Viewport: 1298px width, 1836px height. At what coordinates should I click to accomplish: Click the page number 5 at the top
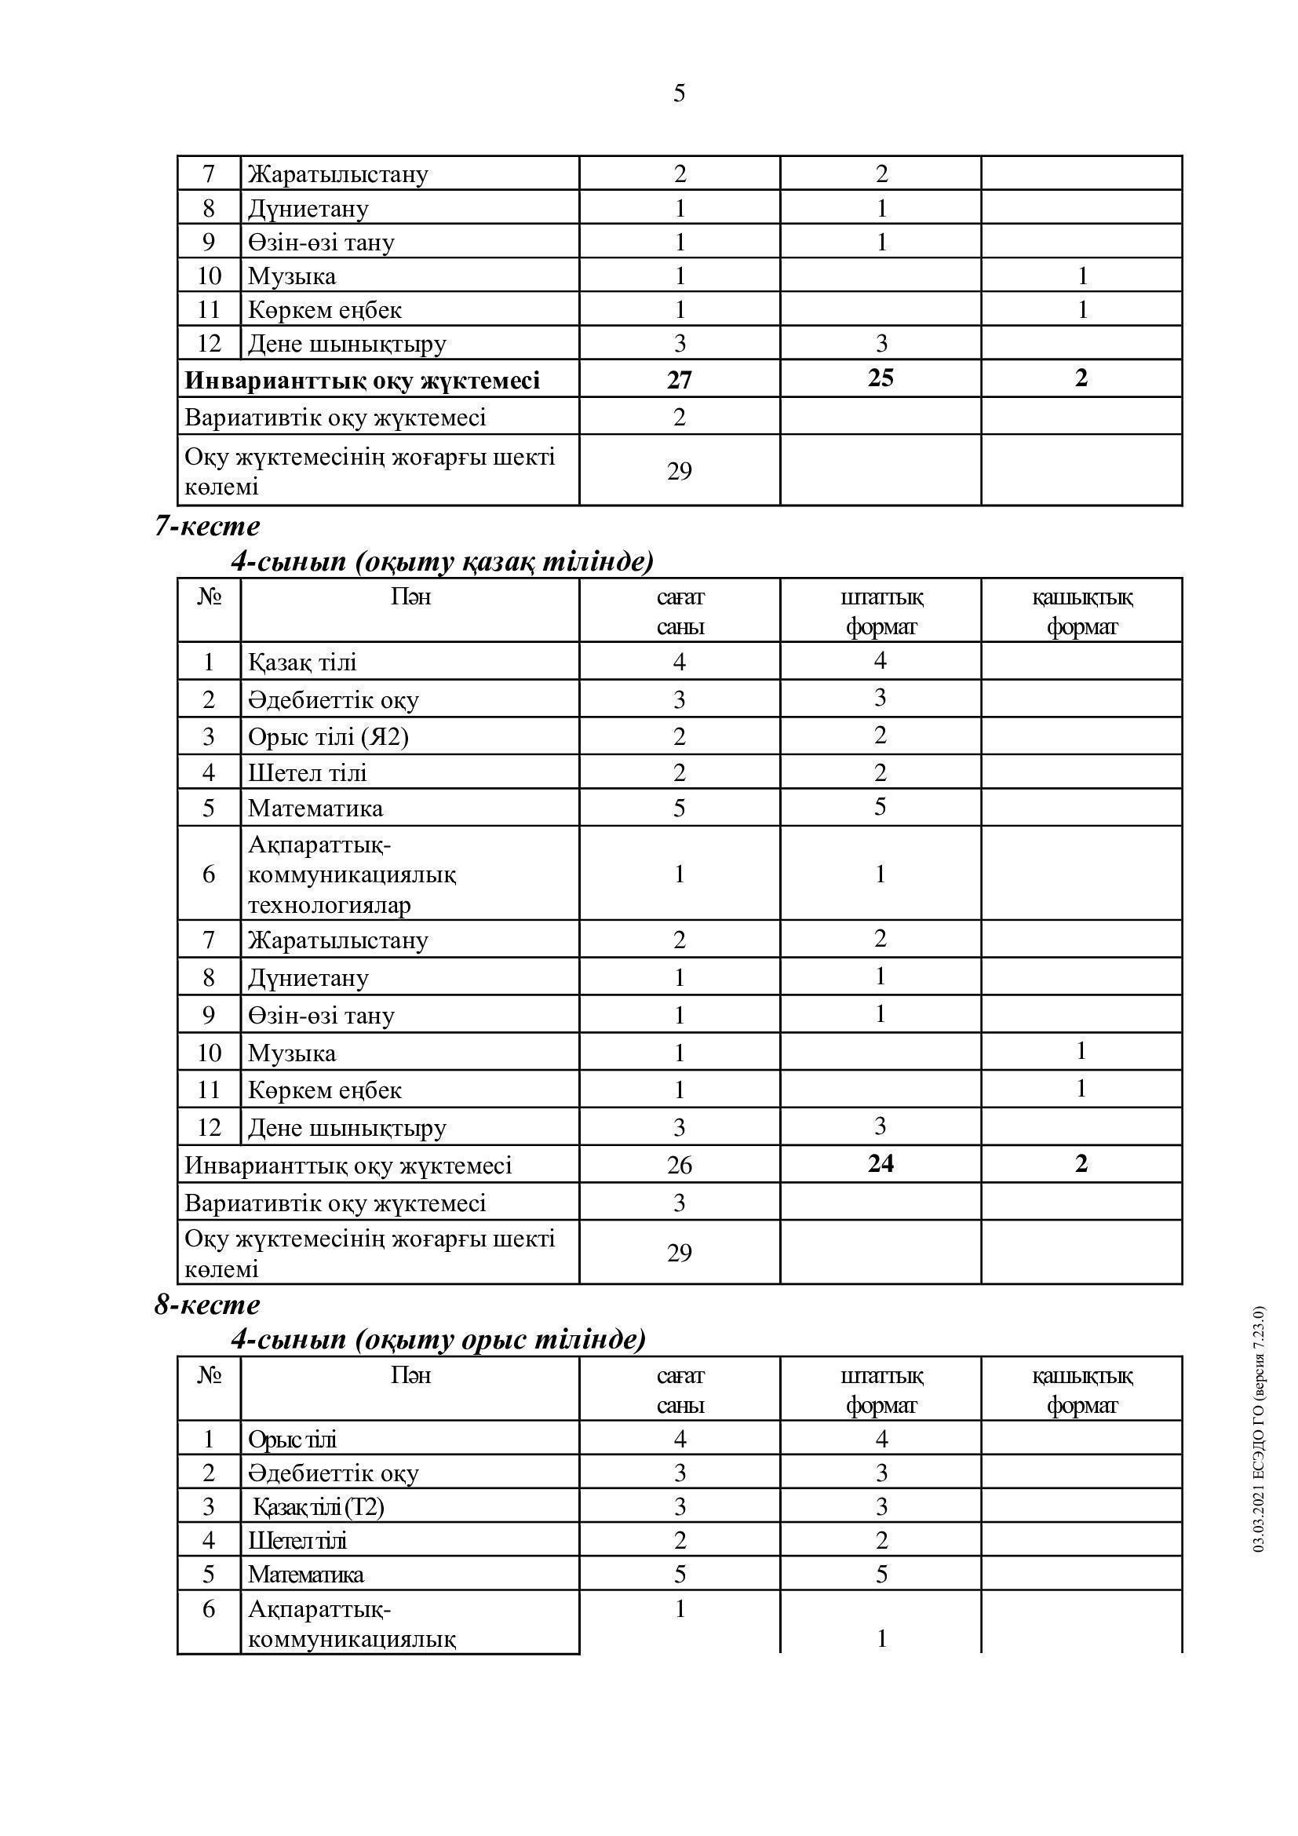coord(679,93)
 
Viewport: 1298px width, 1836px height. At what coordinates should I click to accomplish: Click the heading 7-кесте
coord(207,527)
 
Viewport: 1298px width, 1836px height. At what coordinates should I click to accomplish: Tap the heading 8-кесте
coord(207,1305)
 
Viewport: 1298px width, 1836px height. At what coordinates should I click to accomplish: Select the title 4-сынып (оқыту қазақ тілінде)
coord(442,561)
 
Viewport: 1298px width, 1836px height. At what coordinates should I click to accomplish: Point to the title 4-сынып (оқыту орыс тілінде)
coord(438,1339)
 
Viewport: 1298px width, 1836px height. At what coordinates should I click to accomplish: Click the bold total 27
coord(679,379)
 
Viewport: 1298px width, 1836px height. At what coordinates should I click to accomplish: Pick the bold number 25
coord(880,378)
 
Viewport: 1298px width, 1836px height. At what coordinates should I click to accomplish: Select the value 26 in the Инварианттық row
coord(679,1165)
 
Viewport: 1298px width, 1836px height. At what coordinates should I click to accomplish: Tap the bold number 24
coord(880,1163)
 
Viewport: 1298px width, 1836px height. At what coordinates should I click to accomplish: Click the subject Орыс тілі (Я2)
coord(328,735)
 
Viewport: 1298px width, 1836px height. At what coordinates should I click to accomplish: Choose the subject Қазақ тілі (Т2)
coord(318,1507)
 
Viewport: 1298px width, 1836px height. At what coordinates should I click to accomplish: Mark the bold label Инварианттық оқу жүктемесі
coord(362,381)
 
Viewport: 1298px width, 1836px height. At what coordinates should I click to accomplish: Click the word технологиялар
coord(330,905)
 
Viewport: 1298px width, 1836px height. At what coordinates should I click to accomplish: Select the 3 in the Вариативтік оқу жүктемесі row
coord(679,1203)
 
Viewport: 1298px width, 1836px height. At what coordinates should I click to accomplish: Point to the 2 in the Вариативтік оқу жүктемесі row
coord(679,417)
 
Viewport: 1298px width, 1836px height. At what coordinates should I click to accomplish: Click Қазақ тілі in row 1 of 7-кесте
coord(302,662)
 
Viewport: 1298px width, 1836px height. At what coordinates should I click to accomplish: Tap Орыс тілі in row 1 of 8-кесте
coord(292,1440)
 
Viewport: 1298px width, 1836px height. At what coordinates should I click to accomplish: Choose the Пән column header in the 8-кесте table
coord(410,1375)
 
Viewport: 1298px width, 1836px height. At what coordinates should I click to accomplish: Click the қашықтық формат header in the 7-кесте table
coord(1081,611)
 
